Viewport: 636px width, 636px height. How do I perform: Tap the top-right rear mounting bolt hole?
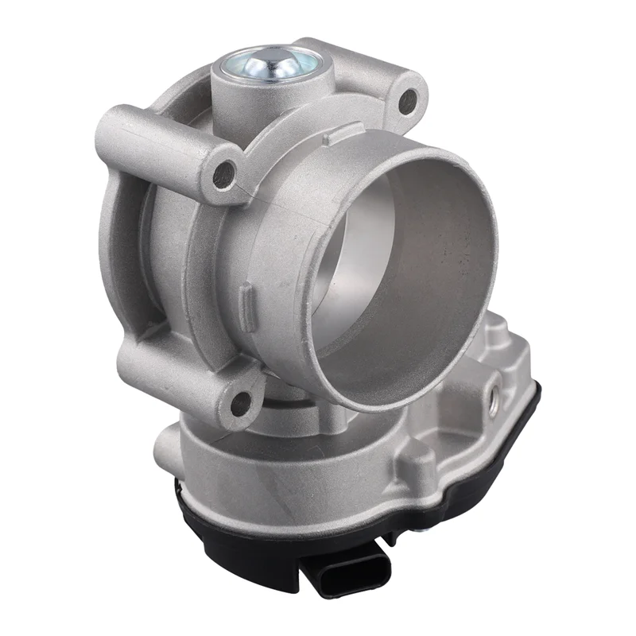tap(408, 100)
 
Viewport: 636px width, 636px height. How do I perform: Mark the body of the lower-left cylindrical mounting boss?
tap(175, 374)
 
